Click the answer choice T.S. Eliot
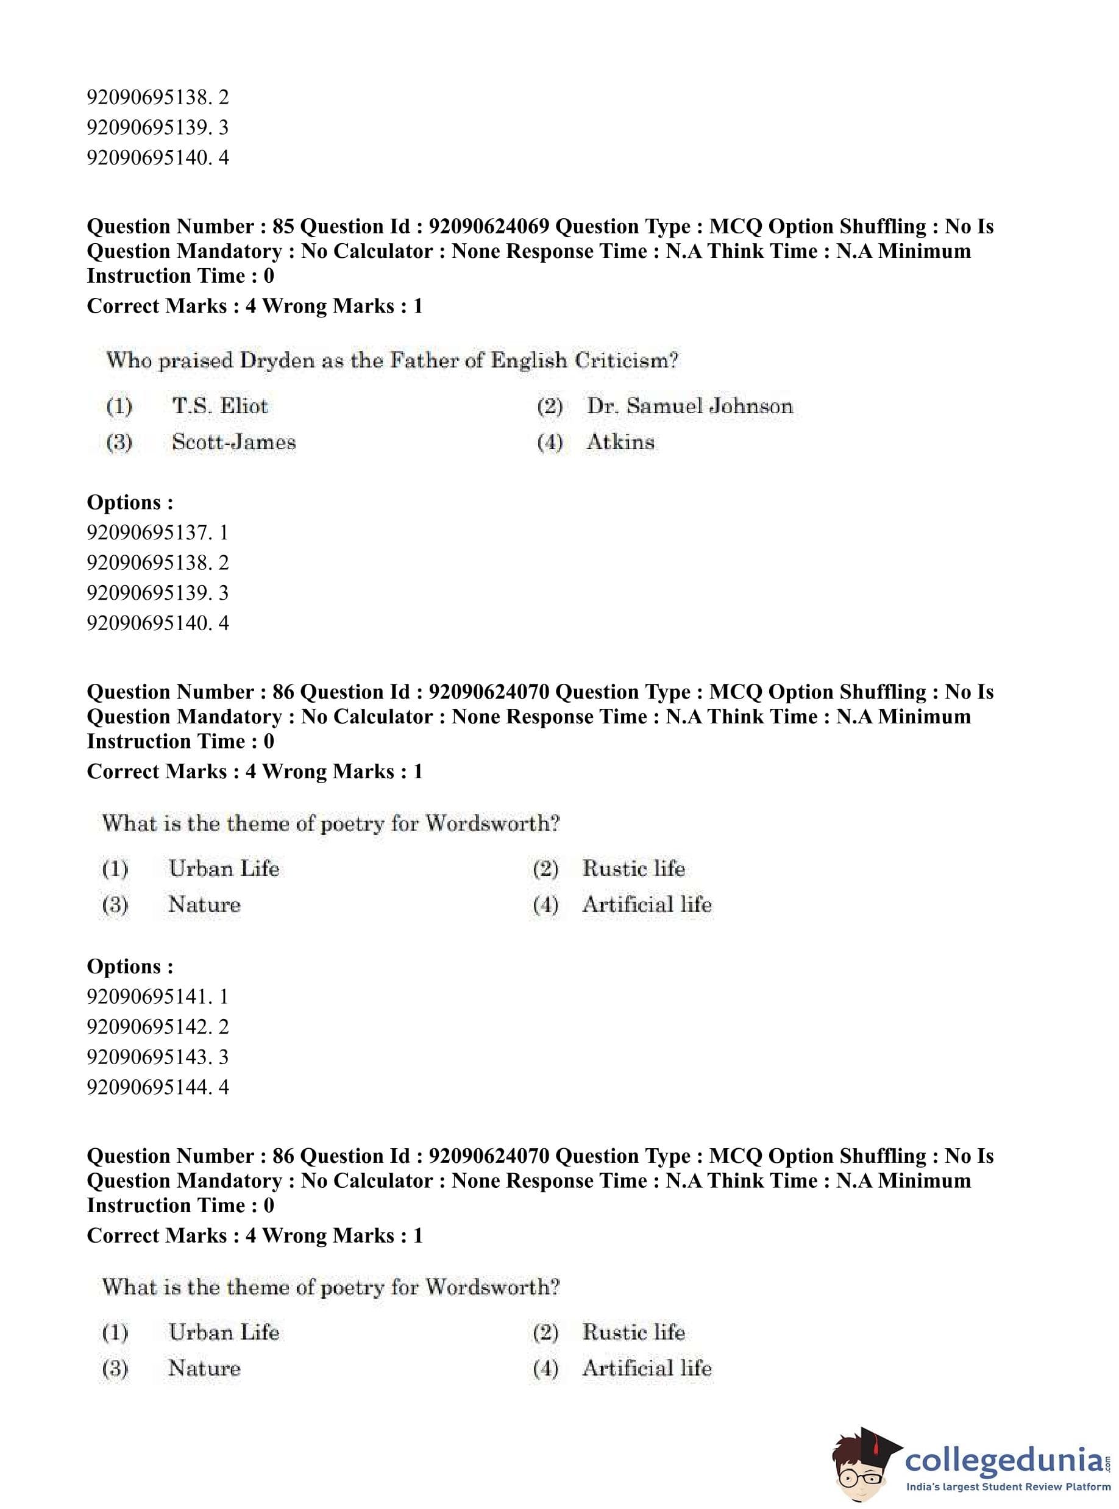point(219,406)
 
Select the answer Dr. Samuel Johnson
point(689,406)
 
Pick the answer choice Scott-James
point(233,442)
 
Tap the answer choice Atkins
point(620,442)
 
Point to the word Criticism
point(627,360)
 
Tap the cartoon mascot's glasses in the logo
point(859,1472)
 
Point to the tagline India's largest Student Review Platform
point(1008,1486)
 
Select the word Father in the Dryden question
point(421,360)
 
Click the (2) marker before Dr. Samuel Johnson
point(549,407)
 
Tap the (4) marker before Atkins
point(549,443)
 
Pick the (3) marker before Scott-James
point(119,443)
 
